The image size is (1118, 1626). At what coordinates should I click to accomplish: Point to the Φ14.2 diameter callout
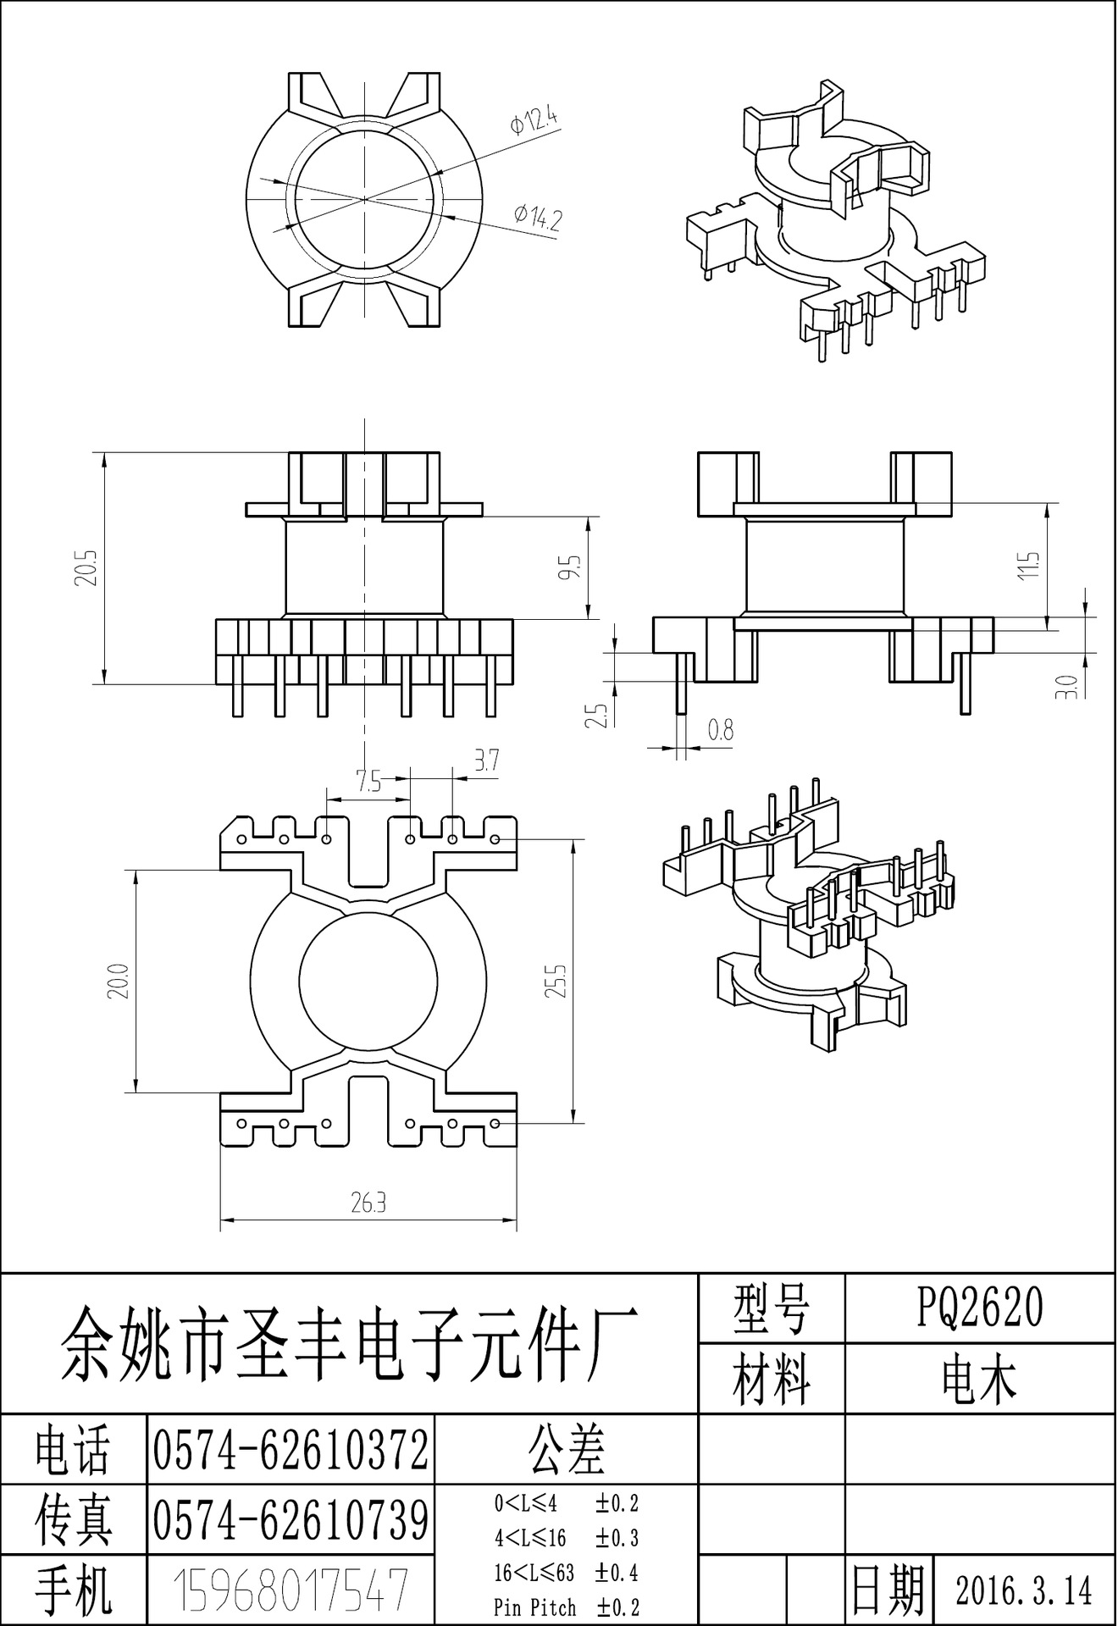tap(538, 218)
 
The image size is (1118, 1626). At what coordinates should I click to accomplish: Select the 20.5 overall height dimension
tap(91, 567)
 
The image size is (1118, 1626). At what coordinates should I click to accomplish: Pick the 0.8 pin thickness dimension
tap(720, 730)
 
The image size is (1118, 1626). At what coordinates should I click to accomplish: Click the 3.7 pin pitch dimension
tap(485, 760)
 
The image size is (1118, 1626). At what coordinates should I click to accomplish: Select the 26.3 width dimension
tap(368, 1203)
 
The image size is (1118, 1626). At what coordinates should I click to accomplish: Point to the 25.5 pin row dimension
tap(557, 979)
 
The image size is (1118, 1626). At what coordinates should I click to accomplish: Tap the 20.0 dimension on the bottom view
tap(119, 981)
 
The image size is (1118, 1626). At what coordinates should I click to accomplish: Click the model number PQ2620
tap(980, 1308)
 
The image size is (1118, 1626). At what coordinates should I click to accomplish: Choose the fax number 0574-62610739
tap(291, 1520)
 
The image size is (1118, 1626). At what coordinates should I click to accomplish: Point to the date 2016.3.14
tap(1024, 1590)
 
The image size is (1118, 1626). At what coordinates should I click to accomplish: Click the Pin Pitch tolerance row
tap(566, 1607)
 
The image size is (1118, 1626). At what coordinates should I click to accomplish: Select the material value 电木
tap(980, 1380)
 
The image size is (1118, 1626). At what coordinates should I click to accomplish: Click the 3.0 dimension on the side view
tap(1071, 685)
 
